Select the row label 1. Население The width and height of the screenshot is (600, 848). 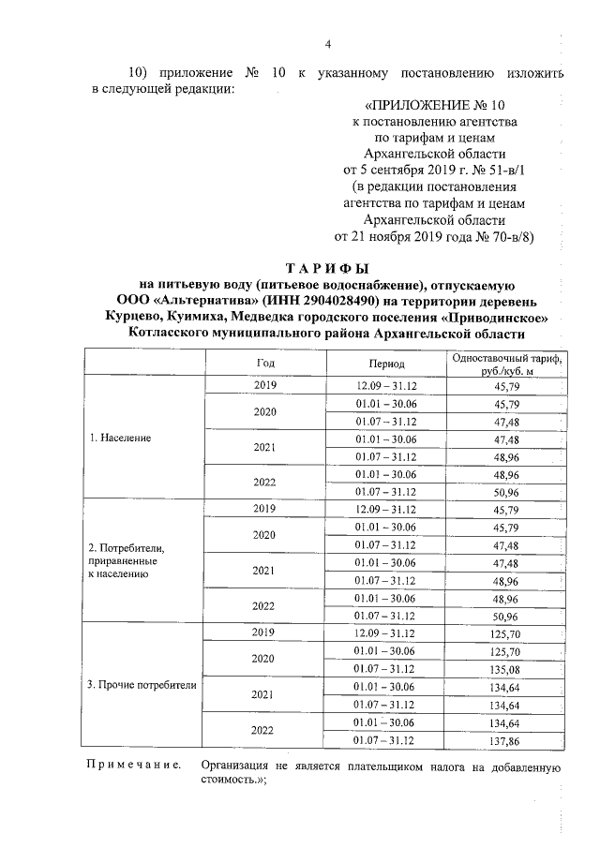coord(119,438)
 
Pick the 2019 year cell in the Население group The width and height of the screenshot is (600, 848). coord(265,385)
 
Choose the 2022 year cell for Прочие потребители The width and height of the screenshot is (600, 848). coord(265,731)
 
